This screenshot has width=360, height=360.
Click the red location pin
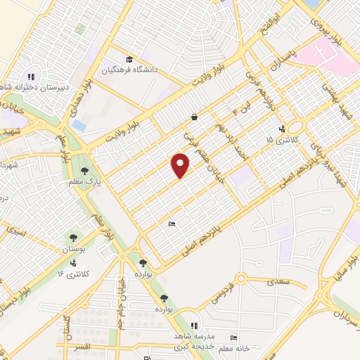coord(181,165)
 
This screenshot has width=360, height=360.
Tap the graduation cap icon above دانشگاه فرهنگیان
coord(129,59)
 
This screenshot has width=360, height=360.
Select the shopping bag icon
coord(194,117)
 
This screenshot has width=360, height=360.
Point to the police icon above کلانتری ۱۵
coord(282,129)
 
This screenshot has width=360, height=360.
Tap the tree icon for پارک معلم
coord(84,171)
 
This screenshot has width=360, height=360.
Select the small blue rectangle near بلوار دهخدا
coord(79,126)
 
